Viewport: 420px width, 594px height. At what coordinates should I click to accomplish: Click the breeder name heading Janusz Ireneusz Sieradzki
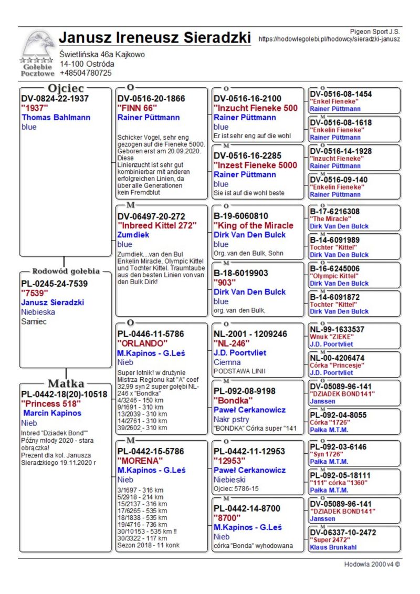[155, 38]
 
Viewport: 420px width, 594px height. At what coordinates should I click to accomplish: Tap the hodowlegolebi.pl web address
[329, 39]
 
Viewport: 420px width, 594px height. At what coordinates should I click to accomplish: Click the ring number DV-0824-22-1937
[55, 98]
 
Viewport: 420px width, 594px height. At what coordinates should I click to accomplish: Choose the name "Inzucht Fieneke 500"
[255, 108]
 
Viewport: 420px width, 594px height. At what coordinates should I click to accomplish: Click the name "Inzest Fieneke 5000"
[255, 165]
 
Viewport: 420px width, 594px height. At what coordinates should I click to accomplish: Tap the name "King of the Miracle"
[254, 225]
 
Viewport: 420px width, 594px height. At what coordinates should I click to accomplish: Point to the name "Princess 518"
[51, 403]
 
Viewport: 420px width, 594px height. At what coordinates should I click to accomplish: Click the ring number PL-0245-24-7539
[54, 284]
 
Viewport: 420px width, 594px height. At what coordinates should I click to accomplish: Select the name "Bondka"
[230, 400]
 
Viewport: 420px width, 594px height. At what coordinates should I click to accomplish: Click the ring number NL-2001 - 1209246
[250, 334]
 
